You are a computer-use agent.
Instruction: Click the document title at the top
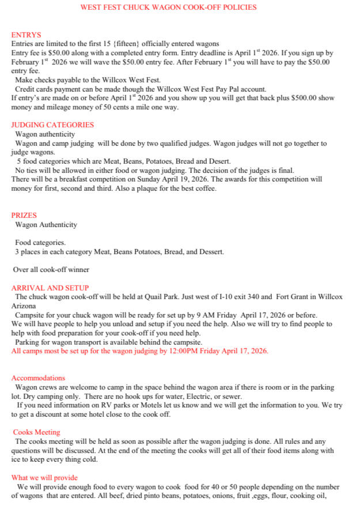tap(168, 7)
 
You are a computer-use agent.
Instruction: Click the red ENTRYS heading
tap(26, 35)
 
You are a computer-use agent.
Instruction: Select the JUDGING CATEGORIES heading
tap(52, 125)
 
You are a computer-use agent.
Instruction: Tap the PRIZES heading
tap(24, 216)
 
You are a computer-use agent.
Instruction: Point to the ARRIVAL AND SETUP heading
tap(50, 288)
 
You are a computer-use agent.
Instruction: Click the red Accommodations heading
tap(38, 378)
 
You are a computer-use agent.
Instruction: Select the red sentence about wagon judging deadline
tap(139, 350)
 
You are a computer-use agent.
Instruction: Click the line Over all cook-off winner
tap(51, 269)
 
